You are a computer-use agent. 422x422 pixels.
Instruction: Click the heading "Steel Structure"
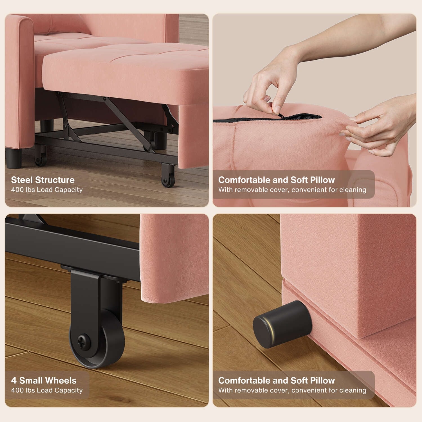point(43,180)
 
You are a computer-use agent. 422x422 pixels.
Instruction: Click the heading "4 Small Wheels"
point(44,381)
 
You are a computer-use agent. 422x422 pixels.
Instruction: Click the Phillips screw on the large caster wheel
point(84,341)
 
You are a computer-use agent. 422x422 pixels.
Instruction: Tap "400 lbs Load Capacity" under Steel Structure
point(47,190)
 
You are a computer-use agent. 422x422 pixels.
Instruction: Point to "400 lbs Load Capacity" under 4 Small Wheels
point(47,390)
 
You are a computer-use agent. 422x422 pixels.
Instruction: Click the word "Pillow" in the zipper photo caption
point(322,180)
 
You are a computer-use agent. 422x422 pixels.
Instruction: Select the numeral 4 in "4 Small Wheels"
point(14,381)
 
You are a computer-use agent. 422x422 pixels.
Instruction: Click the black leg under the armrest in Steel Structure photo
point(14,158)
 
